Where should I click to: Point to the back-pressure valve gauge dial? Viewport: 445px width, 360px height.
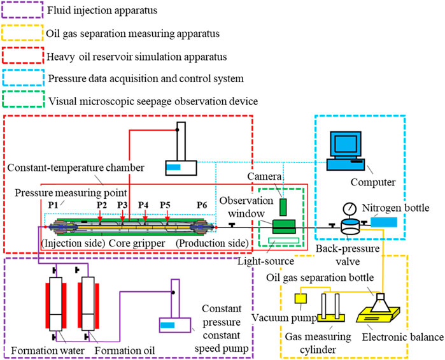click(x=349, y=210)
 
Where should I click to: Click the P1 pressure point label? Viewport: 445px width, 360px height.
click(x=54, y=205)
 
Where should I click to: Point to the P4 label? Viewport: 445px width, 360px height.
click(x=143, y=205)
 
